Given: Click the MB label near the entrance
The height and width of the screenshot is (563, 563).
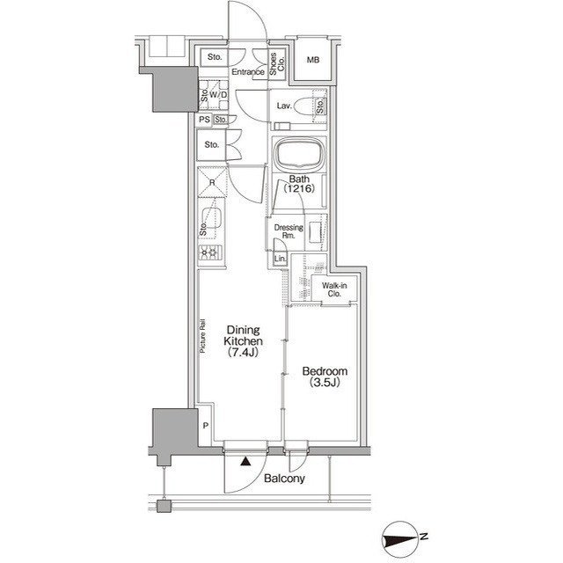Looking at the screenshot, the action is tap(313, 60).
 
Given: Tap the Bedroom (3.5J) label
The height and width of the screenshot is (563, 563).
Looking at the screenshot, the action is tap(325, 377).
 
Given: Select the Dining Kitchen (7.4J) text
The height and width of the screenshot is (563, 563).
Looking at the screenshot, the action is tap(243, 340).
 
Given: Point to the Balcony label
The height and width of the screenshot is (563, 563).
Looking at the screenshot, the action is tap(284, 479).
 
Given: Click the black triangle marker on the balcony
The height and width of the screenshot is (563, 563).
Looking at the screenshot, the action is tap(245, 461).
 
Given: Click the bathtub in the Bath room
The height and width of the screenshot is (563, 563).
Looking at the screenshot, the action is tap(299, 155).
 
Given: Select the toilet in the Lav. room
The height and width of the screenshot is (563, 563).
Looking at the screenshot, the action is tap(305, 106).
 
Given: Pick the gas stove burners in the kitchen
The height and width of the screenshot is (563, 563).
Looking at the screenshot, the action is tap(210, 252).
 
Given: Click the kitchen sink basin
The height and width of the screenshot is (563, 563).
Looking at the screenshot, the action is tap(212, 217).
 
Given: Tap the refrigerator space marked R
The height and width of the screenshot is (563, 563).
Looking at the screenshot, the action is tap(212, 182).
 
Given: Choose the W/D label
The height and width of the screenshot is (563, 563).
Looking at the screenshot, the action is tap(218, 95).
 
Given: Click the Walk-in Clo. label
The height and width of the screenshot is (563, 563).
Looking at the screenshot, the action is tap(334, 289).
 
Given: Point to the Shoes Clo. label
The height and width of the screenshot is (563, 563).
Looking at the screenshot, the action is tap(277, 64).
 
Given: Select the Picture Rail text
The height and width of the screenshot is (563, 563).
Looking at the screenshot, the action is tap(202, 336).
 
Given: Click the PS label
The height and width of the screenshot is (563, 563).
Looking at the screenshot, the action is tap(205, 120).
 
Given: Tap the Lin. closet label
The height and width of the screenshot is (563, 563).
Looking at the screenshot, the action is tap(281, 259).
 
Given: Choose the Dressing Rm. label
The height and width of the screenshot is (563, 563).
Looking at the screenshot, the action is tap(289, 231).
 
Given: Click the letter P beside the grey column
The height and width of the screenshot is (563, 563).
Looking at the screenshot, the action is tap(205, 426).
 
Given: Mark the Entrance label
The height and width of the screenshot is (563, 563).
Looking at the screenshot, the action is tap(248, 72).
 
